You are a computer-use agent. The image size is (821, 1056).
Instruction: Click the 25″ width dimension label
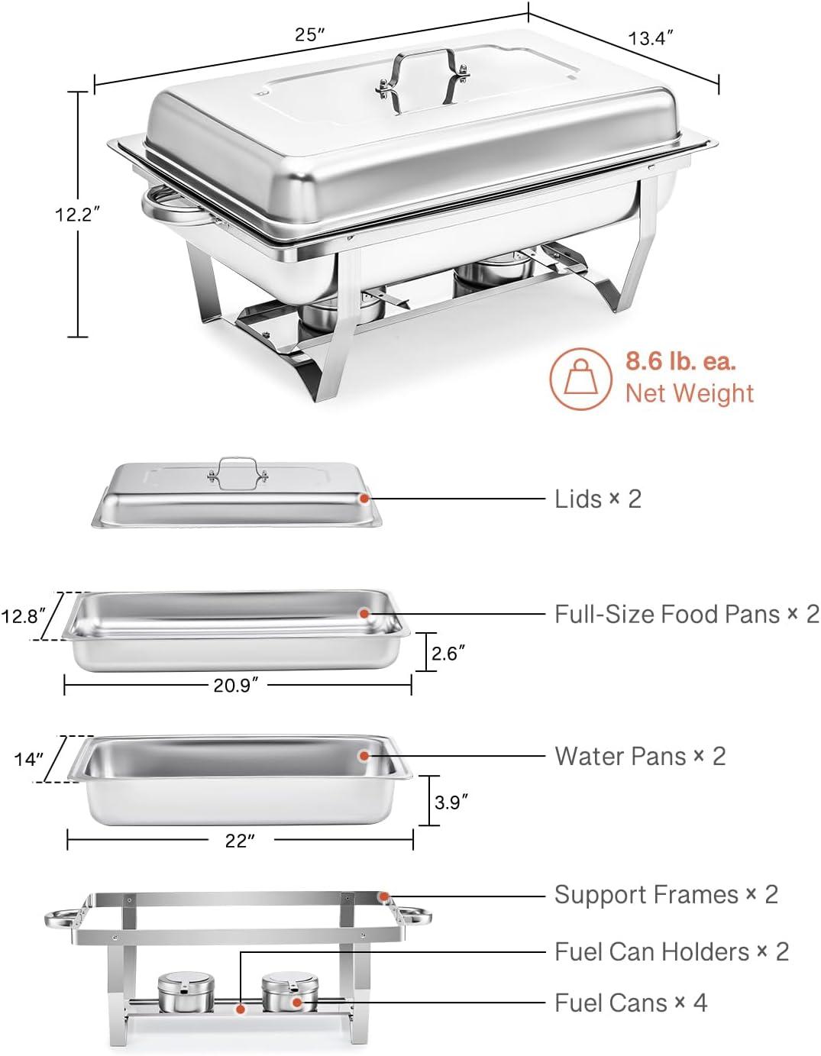click(311, 34)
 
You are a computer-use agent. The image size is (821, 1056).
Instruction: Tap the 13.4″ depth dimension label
click(651, 37)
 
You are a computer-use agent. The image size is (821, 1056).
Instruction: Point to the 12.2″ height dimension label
click(78, 215)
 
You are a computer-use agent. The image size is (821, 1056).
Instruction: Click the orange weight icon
click(580, 379)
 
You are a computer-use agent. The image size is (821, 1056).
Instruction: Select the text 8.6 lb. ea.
click(680, 360)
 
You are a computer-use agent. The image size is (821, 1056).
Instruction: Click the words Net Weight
click(689, 393)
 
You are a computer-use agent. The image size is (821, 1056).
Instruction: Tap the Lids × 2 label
click(598, 499)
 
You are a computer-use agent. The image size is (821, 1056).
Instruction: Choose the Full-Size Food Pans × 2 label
click(687, 614)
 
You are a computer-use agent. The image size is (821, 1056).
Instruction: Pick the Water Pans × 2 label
click(640, 756)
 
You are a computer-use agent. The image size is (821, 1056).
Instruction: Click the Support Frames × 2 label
click(666, 894)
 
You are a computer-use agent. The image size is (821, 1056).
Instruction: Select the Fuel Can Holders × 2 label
click(671, 951)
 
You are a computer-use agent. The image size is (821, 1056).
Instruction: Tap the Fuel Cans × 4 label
click(631, 1003)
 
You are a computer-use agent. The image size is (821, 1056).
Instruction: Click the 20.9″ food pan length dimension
click(236, 685)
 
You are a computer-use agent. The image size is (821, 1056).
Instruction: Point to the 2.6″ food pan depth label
click(448, 654)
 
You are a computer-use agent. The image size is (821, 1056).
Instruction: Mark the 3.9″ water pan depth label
click(451, 802)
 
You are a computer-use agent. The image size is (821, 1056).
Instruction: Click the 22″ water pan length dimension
click(239, 841)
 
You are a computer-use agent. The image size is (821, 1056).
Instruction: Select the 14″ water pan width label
click(29, 759)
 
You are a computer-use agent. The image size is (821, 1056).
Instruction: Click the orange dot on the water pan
click(364, 755)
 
